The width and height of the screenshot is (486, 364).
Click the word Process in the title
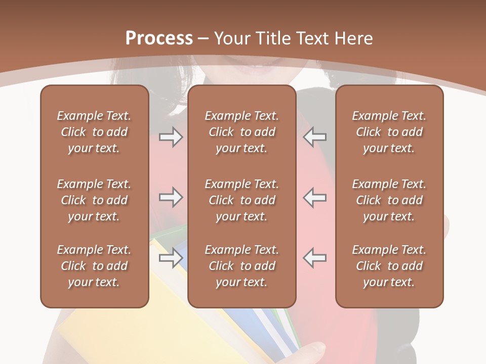click(159, 38)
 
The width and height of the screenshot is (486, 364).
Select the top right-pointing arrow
click(171, 136)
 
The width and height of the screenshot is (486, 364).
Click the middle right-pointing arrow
click(171, 197)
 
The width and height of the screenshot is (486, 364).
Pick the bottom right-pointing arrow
click(171, 258)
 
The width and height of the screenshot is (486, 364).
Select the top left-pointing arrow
click(315, 136)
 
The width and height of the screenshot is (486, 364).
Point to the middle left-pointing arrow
click(315, 197)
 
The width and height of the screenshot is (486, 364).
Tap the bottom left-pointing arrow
click(315, 258)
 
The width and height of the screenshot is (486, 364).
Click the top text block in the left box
click(94, 132)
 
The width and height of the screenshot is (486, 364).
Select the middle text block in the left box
click(94, 200)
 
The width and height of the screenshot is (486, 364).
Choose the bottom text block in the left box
click(94, 266)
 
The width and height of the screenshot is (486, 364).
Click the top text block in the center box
click(241, 132)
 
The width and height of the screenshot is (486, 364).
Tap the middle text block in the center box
click(241, 200)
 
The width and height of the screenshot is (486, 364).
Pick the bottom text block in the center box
click(241, 266)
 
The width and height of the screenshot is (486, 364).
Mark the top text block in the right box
click(389, 132)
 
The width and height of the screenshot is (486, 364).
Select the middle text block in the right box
click(389, 200)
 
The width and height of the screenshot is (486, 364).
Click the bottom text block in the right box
click(389, 266)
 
